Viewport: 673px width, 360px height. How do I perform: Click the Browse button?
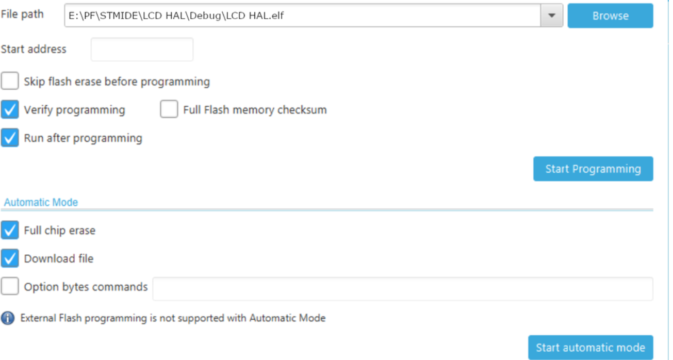[610, 15]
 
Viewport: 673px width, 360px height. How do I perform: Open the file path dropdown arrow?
[552, 15]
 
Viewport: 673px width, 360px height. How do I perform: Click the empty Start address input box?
[142, 50]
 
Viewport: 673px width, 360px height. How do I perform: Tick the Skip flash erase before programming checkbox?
[10, 81]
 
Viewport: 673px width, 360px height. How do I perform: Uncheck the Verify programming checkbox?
[10, 109]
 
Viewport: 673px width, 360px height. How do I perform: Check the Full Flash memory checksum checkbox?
[169, 109]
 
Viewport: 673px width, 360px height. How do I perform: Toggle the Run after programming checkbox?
[10, 138]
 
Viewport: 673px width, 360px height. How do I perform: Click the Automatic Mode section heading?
[41, 202]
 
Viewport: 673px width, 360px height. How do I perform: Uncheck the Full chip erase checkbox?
[10, 230]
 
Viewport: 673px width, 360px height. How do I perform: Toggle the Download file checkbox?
[10, 258]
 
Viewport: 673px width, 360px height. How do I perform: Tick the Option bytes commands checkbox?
[10, 286]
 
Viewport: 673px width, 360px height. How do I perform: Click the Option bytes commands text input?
[403, 289]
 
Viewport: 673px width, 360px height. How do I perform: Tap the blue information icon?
[8, 318]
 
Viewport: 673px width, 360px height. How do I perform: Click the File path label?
[22, 14]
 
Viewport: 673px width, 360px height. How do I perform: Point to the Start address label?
[34, 49]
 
